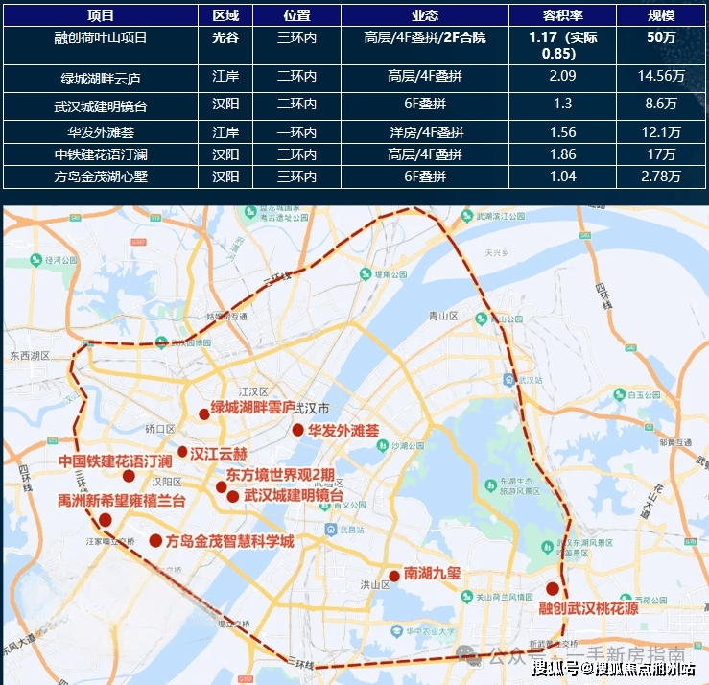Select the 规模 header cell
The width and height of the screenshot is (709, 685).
[x=661, y=15]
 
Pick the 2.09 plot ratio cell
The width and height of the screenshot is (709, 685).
[x=562, y=77]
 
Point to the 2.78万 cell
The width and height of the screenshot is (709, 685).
[x=661, y=177]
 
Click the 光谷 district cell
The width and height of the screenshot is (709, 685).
[x=225, y=37]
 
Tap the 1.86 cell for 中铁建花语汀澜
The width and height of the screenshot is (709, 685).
[x=562, y=154]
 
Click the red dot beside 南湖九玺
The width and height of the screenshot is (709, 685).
[x=393, y=577]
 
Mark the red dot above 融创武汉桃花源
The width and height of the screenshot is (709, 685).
[x=553, y=588]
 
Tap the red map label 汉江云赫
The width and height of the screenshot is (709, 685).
[x=219, y=453]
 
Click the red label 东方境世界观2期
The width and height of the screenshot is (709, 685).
[x=280, y=474]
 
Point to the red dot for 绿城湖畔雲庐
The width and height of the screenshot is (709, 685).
[x=203, y=414]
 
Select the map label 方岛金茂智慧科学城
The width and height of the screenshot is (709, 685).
[x=230, y=541]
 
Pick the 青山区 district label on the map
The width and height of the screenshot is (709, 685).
[x=446, y=315]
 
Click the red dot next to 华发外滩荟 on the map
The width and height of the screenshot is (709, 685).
[x=297, y=430]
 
